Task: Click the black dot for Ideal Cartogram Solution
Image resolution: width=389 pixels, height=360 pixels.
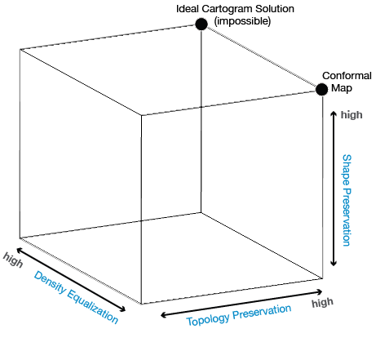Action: click(x=201, y=24)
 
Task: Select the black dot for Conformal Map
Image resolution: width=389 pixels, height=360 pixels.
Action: click(x=322, y=89)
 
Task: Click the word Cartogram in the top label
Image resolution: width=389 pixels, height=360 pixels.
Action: click(x=224, y=9)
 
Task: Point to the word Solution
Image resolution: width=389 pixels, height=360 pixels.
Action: click(x=272, y=9)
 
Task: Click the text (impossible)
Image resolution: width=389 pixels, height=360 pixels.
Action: click(x=242, y=21)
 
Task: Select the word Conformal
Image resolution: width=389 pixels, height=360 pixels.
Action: click(x=347, y=76)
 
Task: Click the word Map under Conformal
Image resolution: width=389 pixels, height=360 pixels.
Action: click(x=342, y=88)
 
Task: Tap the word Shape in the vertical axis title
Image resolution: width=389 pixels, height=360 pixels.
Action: click(x=347, y=170)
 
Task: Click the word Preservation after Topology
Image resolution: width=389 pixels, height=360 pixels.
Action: click(x=262, y=312)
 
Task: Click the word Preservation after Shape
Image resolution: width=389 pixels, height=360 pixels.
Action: click(x=347, y=217)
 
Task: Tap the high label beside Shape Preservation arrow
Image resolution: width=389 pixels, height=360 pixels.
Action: click(x=351, y=115)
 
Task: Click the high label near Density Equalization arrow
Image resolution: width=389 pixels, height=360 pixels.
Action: click(x=13, y=260)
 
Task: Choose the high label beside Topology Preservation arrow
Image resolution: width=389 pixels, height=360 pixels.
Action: click(x=322, y=302)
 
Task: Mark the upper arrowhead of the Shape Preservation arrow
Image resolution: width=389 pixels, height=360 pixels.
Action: click(x=334, y=113)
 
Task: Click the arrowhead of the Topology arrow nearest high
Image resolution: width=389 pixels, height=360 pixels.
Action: click(x=319, y=292)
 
